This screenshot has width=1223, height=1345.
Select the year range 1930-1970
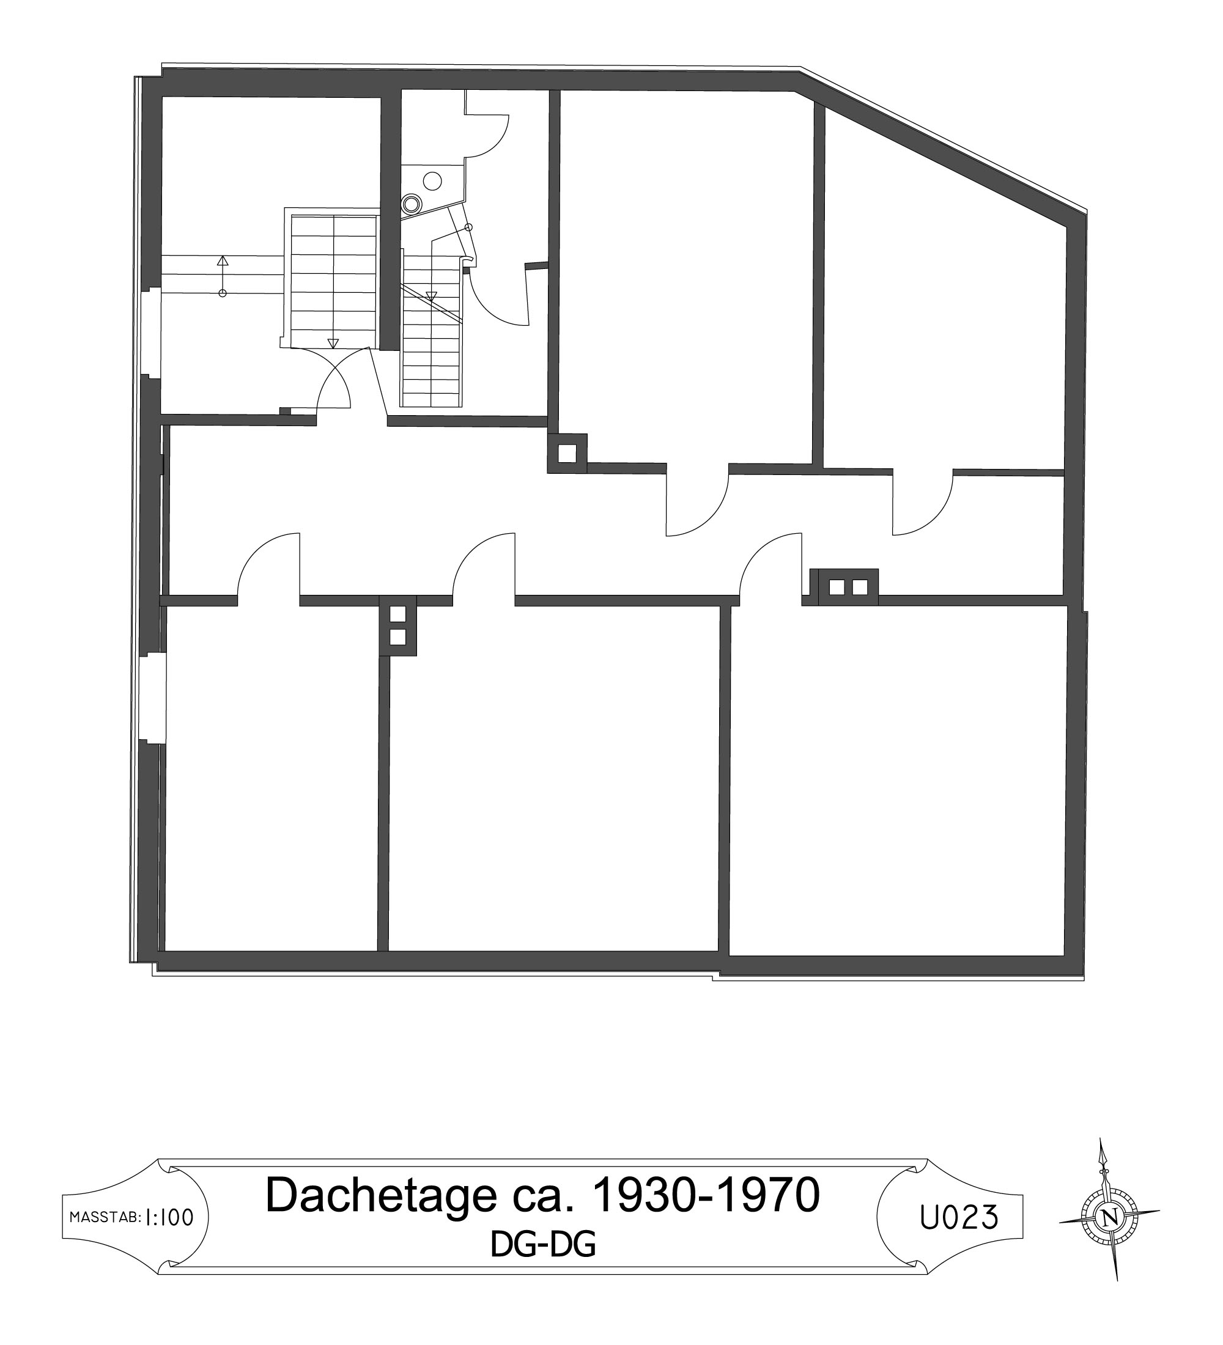click(x=705, y=1194)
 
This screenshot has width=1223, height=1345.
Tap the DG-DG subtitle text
click(x=542, y=1244)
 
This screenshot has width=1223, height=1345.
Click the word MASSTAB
click(x=105, y=1218)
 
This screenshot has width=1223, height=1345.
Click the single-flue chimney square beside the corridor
click(x=566, y=453)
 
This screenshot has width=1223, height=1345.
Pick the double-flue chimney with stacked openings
click(x=397, y=626)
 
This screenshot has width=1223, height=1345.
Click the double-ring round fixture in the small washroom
click(x=412, y=204)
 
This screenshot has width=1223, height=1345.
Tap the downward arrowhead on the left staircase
click(x=332, y=343)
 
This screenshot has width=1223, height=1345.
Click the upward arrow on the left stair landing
click(x=223, y=276)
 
